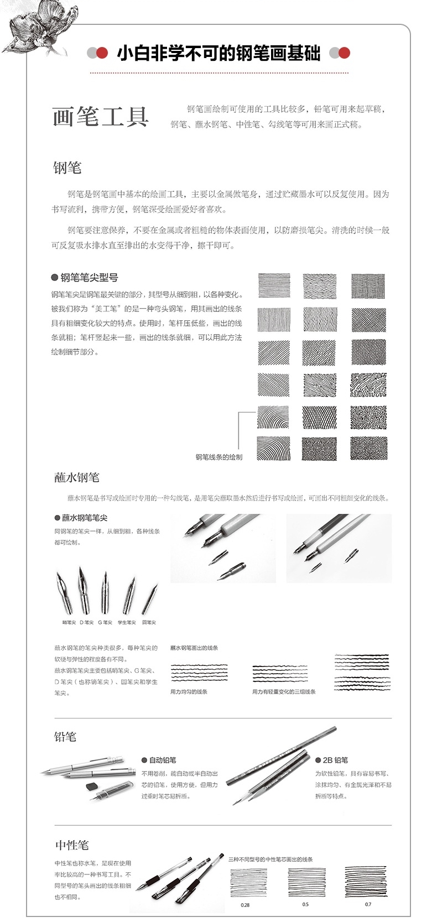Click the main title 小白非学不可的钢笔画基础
click(x=218, y=53)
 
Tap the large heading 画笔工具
click(x=101, y=117)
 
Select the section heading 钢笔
click(x=67, y=168)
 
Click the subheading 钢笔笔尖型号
click(x=89, y=278)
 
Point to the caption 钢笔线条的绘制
click(x=218, y=457)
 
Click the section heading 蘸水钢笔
click(x=76, y=477)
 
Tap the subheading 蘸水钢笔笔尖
click(x=84, y=518)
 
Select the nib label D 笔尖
click(x=86, y=622)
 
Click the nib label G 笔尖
click(x=105, y=622)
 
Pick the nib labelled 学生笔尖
click(x=127, y=622)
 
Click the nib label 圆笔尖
click(x=149, y=622)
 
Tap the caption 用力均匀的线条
click(x=189, y=691)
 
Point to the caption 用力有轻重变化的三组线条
click(x=284, y=691)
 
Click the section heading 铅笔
click(x=65, y=737)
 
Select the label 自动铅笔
click(x=162, y=760)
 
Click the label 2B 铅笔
click(x=335, y=760)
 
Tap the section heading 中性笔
click(x=71, y=845)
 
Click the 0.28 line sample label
click(x=245, y=905)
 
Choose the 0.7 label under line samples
click(x=368, y=904)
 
